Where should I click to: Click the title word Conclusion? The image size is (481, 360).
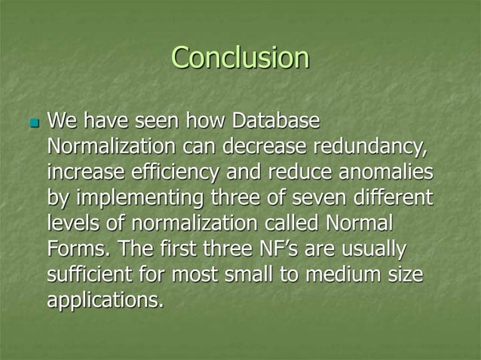(240, 58)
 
